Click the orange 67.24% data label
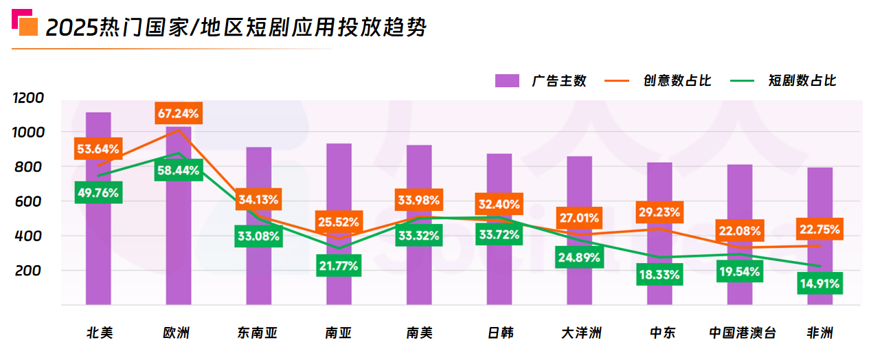point(177,113)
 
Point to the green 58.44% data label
point(177,170)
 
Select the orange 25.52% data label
point(338,222)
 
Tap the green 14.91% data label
point(820,282)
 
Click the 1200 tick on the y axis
point(29,98)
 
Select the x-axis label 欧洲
point(177,334)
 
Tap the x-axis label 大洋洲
point(580,334)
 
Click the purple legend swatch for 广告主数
point(507,81)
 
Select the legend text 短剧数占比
point(802,81)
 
